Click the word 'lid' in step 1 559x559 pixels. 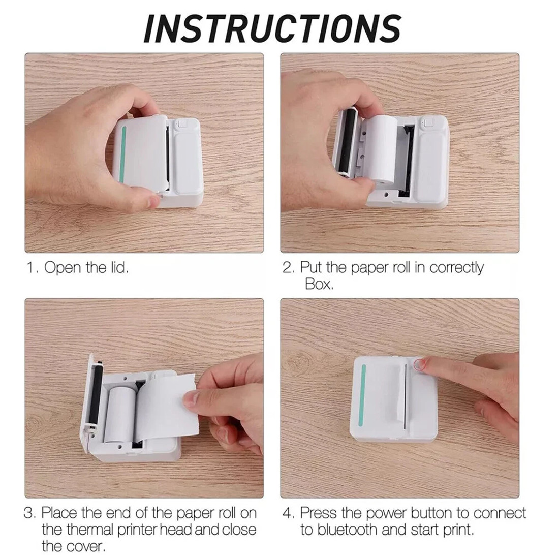[118, 268]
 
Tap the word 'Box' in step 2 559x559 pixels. [318, 284]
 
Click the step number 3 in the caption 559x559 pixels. [30, 513]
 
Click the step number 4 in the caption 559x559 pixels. [288, 513]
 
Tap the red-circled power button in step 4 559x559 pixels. [419, 364]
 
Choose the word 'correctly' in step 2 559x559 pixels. [456, 268]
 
